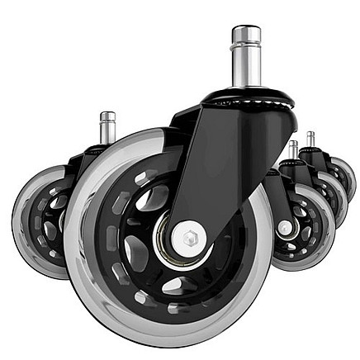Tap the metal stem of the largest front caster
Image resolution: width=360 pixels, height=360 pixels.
(x=245, y=62)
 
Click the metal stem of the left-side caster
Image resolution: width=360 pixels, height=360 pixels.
(x=107, y=129)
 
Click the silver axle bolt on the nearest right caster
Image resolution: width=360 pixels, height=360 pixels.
(x=285, y=226)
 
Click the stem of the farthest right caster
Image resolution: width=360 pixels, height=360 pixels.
(x=310, y=139)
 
